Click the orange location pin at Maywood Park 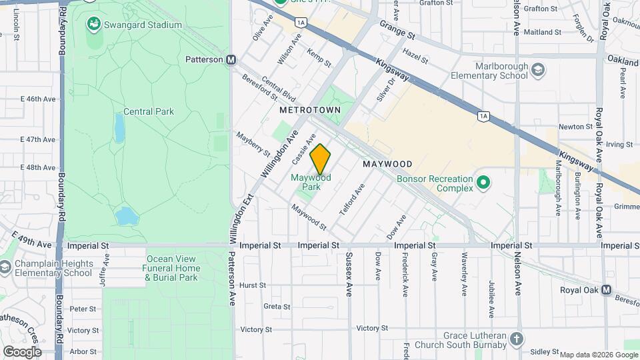[321, 159]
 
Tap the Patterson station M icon [231, 59]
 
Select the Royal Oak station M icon [606, 290]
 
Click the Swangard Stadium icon [94, 25]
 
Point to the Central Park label [149, 111]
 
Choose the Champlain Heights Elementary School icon [6, 267]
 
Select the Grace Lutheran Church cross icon [516, 339]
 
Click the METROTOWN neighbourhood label [310, 109]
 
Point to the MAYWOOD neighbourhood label [387, 164]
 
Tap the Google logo [22, 352]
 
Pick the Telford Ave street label [352, 199]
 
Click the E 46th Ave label [37, 99]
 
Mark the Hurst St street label [253, 285]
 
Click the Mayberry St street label [254, 143]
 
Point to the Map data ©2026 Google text [598, 355]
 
